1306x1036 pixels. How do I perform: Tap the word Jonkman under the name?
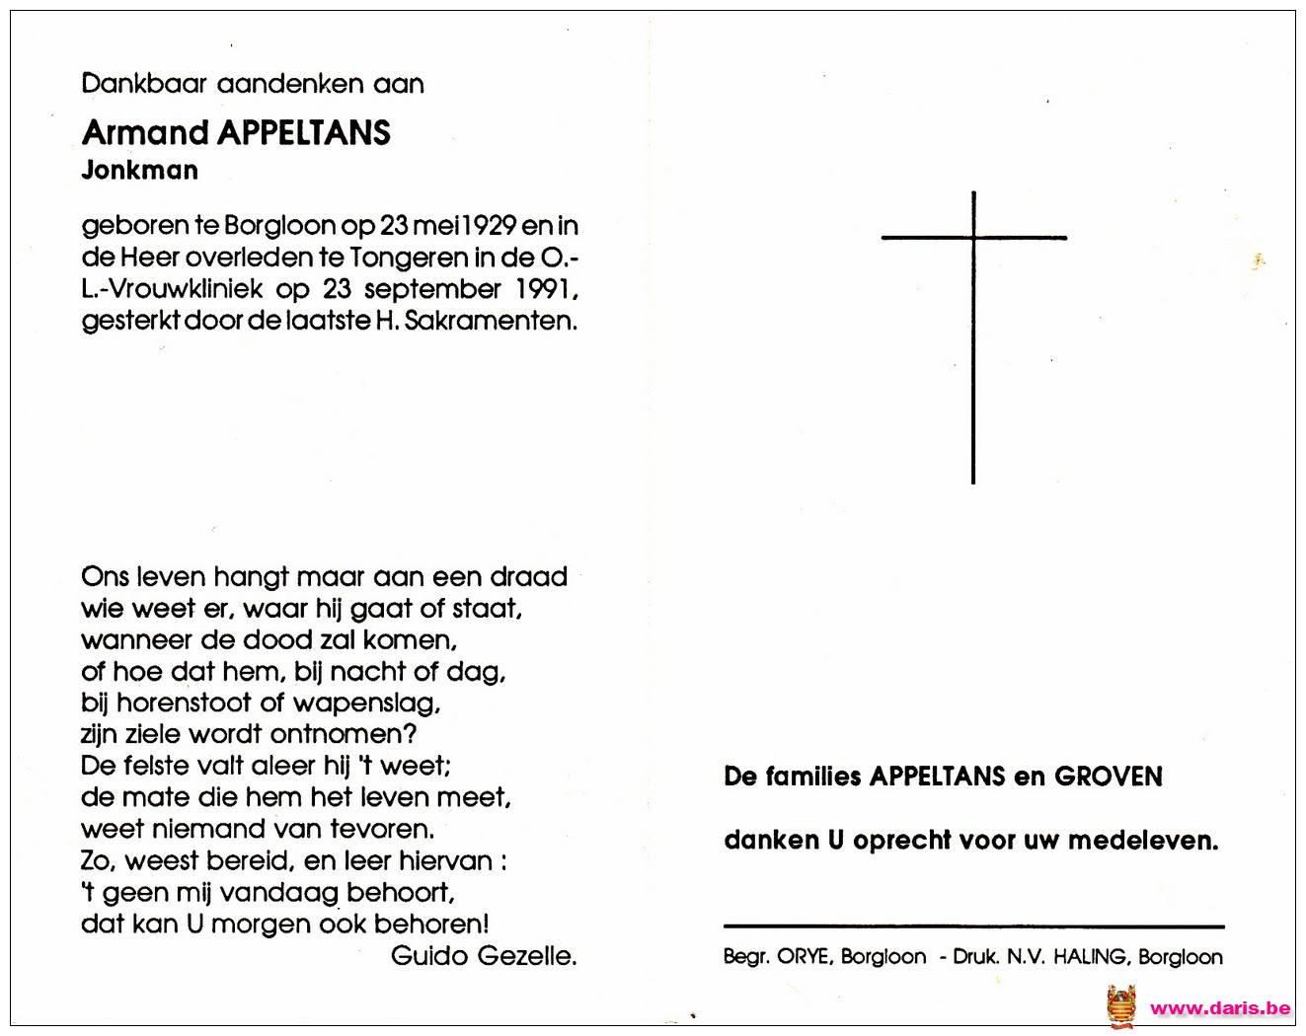coord(140,171)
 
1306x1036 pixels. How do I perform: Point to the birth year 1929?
coord(490,226)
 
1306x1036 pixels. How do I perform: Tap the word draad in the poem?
coord(529,577)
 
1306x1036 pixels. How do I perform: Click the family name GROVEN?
coord(1108,777)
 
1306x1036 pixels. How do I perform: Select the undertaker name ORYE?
coord(803,957)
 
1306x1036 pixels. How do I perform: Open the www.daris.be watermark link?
coord(1220,1008)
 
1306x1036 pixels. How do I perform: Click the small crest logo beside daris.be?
coord(1121,1007)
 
